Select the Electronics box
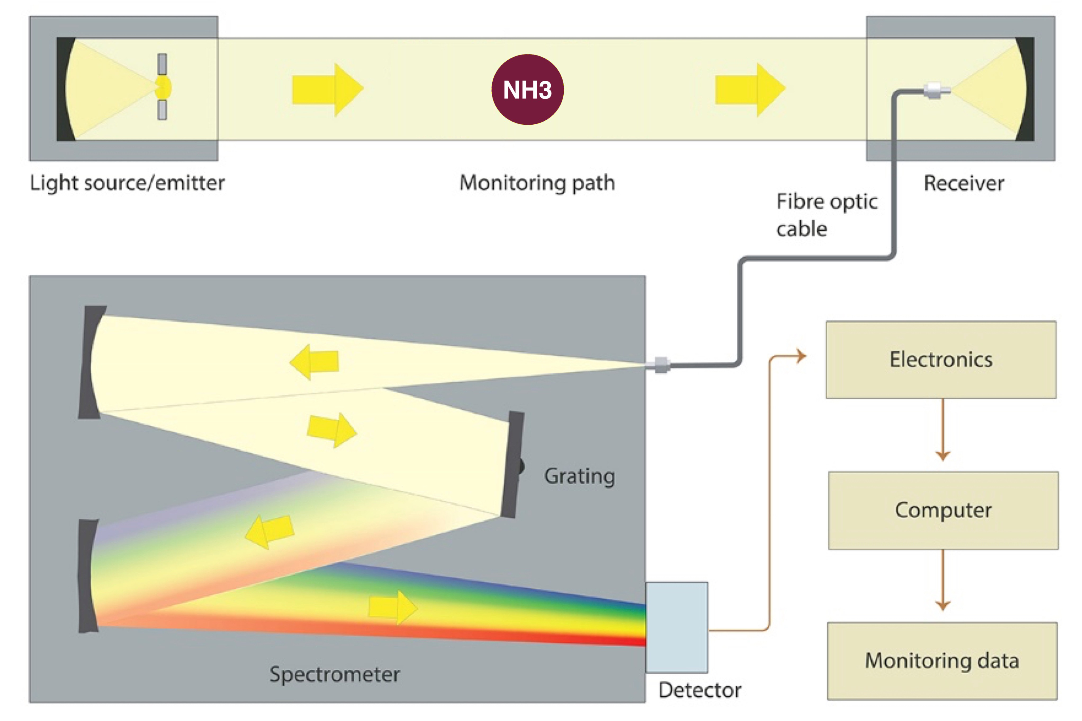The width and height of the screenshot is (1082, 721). [941, 360]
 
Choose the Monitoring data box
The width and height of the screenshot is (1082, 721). [942, 661]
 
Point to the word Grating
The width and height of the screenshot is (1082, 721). [579, 476]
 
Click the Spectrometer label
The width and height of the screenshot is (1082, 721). [334, 674]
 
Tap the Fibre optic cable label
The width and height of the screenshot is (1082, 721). [827, 215]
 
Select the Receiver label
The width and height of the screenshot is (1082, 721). [964, 183]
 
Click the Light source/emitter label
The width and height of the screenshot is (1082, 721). [127, 183]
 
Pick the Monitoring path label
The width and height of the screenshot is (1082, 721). [537, 183]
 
